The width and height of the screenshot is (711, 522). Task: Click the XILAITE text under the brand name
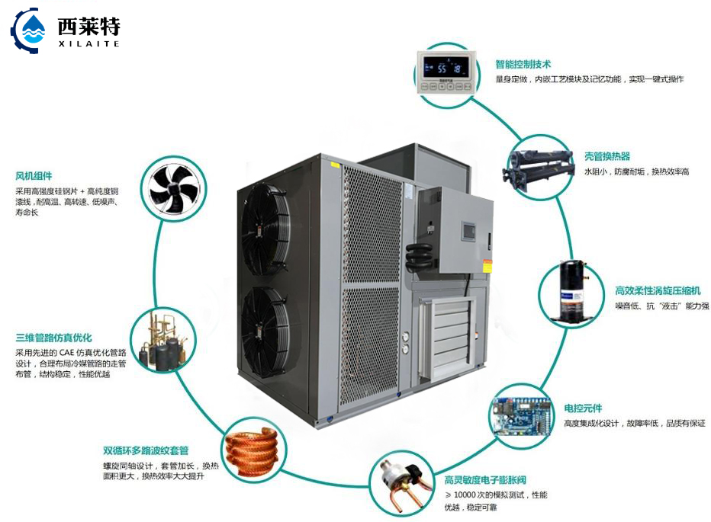[x=88, y=43]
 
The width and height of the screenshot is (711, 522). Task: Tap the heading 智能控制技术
[x=523, y=65]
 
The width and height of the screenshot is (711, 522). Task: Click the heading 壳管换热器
[x=606, y=156]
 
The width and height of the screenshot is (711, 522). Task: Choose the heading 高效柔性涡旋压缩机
[x=658, y=290]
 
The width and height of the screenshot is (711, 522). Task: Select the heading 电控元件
[x=583, y=408]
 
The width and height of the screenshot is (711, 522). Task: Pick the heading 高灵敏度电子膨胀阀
[x=485, y=480]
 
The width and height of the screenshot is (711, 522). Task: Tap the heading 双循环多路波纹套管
[x=146, y=450]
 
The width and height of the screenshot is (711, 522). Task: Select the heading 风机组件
[x=34, y=175]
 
